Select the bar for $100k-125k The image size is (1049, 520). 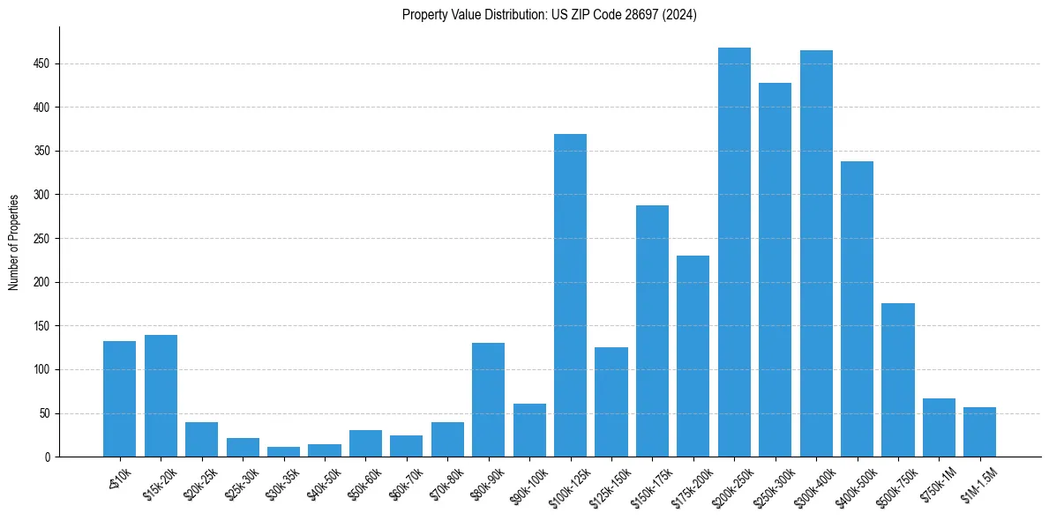click(570, 295)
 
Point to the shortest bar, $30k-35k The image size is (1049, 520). click(283, 451)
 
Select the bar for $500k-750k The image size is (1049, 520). click(898, 380)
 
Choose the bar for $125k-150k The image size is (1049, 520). click(611, 402)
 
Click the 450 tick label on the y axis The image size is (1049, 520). click(43, 64)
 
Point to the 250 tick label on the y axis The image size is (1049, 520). click(43, 239)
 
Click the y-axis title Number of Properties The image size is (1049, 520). click(13, 242)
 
